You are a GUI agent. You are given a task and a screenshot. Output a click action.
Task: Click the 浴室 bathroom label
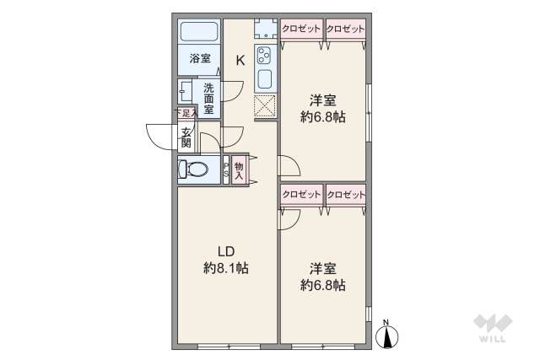(200, 58)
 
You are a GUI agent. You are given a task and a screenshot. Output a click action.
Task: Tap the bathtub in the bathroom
(200, 34)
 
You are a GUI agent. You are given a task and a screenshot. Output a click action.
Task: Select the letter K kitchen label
(240, 60)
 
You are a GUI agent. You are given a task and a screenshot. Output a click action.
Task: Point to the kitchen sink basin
(264, 81)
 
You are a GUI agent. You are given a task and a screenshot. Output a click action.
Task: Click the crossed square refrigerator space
(265, 105)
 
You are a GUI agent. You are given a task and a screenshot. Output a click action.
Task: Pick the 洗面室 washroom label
(208, 98)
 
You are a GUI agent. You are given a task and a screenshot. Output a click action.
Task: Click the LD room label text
(225, 250)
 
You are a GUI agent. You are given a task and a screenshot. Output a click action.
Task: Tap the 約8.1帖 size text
(225, 268)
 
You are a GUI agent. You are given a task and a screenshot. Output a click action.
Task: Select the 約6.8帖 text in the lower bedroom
(322, 286)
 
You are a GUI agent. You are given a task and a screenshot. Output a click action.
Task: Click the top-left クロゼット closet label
(302, 29)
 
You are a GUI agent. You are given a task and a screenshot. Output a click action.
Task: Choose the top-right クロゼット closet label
(346, 29)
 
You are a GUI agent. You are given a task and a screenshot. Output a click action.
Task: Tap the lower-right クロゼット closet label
(346, 194)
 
